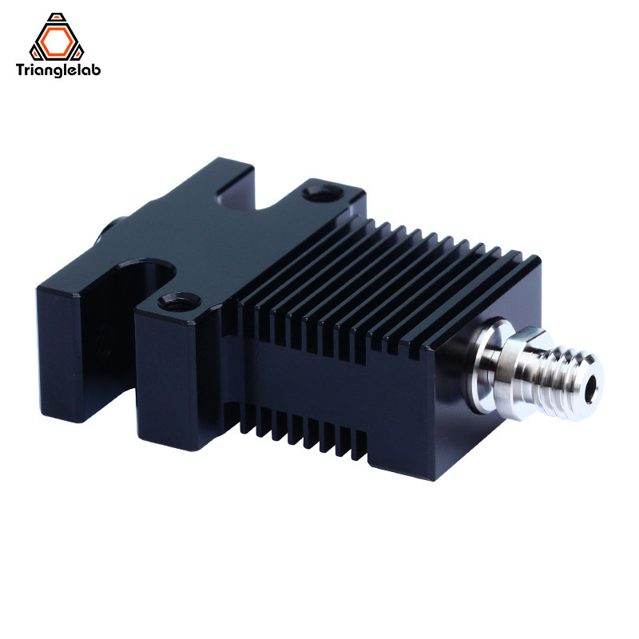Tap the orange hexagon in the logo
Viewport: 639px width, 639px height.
(x=68, y=38)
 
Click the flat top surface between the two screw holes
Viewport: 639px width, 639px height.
(x=240, y=240)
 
